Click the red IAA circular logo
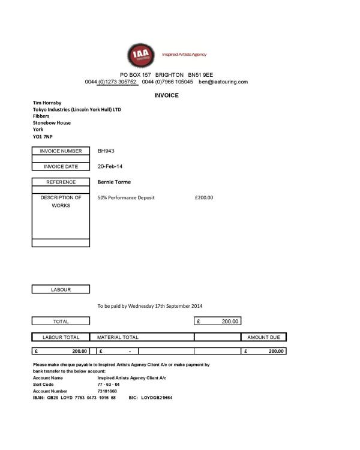pyautogui.click(x=143, y=55)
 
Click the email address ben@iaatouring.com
pyautogui.click(x=223, y=82)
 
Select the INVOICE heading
pyautogui.click(x=166, y=95)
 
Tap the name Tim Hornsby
pyautogui.click(x=47, y=103)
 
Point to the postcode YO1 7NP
pyautogui.click(x=43, y=136)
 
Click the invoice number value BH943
pyautogui.click(x=106, y=151)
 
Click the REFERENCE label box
pyautogui.click(x=61, y=182)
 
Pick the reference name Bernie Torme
pyautogui.click(x=114, y=182)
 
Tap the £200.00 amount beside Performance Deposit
pyautogui.click(x=204, y=197)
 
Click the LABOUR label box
pyautogui.click(x=61, y=289)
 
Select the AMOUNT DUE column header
pyautogui.click(x=263, y=337)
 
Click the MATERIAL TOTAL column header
pyautogui.click(x=118, y=337)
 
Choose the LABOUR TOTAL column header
pyautogui.click(x=61, y=337)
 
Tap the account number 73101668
pyautogui.click(x=109, y=391)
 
